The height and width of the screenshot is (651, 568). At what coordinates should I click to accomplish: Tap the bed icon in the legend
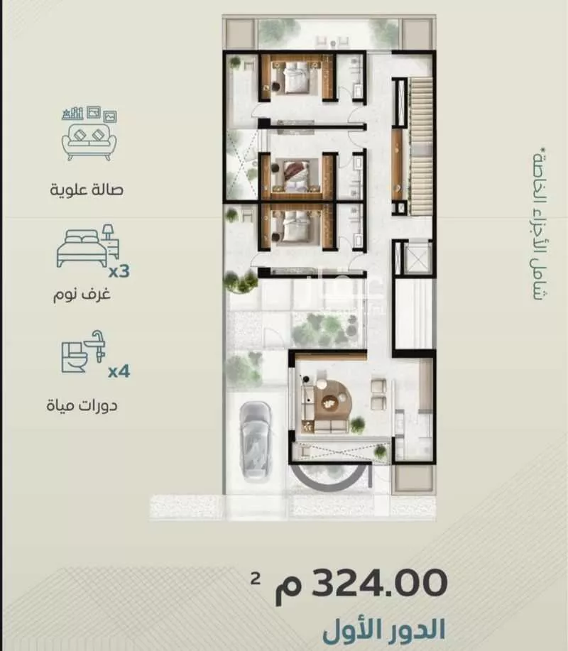tap(87, 246)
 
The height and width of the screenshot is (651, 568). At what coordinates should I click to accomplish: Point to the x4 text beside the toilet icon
tap(118, 371)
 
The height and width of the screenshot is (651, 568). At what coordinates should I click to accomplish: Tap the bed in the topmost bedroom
tap(293, 76)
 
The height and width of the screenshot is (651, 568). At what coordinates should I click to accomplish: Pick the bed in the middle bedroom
tap(294, 173)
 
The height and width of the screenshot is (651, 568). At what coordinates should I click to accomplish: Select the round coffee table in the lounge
tap(331, 402)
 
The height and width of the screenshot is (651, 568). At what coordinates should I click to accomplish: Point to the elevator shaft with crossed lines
tap(413, 258)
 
